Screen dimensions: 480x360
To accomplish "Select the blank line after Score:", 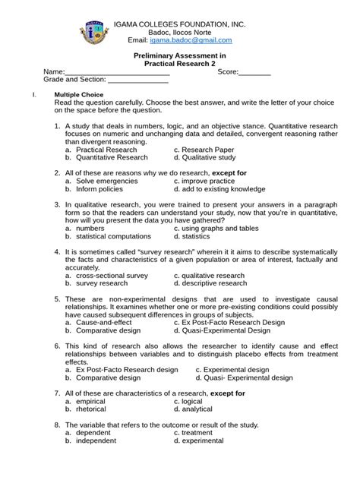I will [255, 73].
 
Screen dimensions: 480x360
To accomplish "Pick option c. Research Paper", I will [204, 150].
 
